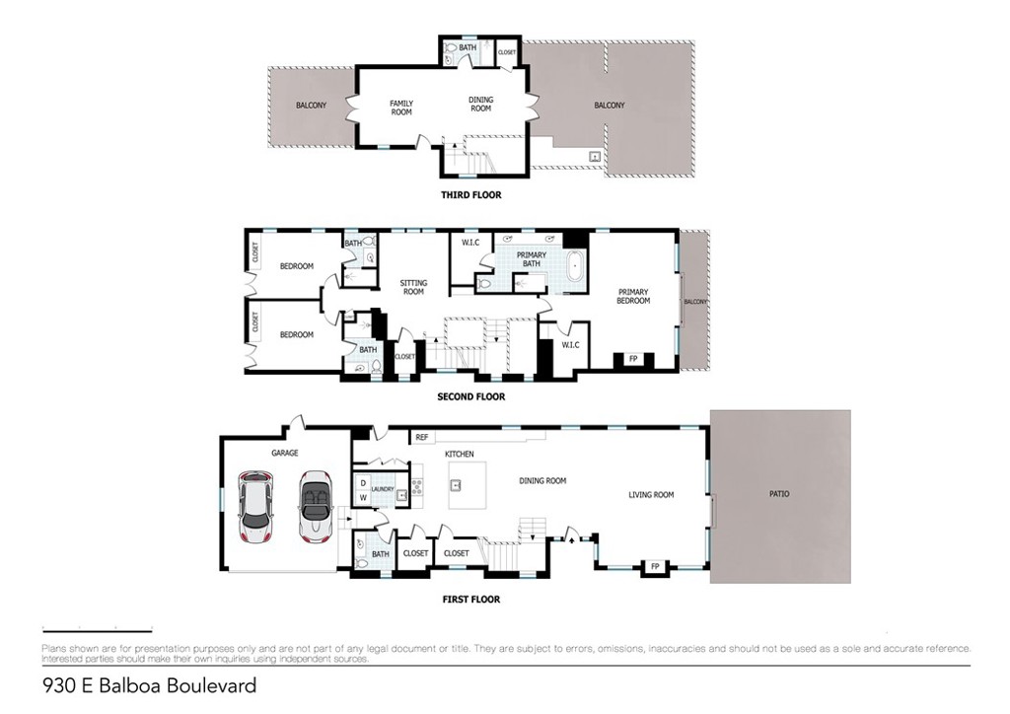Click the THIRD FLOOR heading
[470, 195]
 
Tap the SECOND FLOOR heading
[470, 397]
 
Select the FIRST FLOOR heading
[470, 600]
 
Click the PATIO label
[779, 494]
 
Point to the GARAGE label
[285, 454]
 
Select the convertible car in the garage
[317, 506]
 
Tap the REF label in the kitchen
[421, 437]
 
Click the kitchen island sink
[457, 485]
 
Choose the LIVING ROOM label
[651, 495]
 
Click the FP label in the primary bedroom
[632, 359]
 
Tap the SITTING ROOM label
[413, 287]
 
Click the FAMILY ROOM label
[401, 107]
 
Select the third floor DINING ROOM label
[480, 104]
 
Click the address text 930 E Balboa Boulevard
[149, 685]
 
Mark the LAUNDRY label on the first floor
[383, 487]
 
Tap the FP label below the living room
[654, 566]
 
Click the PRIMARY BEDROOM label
[633, 296]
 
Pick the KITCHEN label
[460, 454]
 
